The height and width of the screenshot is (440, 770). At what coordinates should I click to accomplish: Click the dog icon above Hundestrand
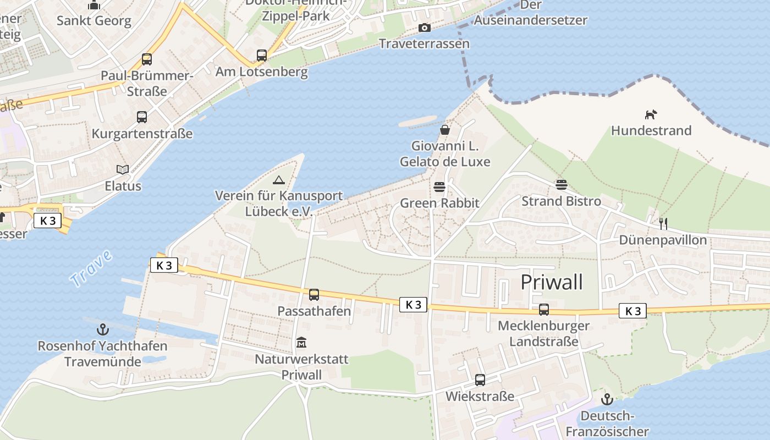point(651,114)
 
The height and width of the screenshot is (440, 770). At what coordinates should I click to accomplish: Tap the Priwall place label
point(551,282)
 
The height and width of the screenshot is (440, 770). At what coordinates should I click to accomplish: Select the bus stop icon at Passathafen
point(313,295)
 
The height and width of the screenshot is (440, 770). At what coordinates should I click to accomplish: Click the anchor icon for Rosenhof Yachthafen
point(102,329)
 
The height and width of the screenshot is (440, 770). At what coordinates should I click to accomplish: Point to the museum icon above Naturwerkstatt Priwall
point(301,343)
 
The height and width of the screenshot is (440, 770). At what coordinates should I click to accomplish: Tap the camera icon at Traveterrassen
point(424,28)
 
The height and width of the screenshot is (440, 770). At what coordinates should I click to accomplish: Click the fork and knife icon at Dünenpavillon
point(663,223)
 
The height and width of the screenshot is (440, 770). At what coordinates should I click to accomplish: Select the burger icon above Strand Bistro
point(561,184)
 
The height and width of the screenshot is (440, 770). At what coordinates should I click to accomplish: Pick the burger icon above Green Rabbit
point(439,187)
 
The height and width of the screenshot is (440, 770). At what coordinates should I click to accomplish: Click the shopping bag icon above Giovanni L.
point(444,130)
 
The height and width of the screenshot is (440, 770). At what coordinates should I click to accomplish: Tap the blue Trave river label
point(91,268)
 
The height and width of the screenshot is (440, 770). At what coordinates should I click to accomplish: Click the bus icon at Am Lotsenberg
point(261,56)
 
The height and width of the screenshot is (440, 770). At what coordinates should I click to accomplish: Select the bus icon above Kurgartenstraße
point(142,117)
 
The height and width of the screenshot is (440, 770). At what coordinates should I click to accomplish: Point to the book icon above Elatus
point(123,169)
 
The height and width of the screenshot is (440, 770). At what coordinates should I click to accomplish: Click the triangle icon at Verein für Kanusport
point(279,180)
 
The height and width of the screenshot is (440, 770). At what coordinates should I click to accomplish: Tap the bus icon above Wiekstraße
point(480,380)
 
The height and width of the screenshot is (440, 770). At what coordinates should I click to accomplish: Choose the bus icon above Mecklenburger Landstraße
point(543,310)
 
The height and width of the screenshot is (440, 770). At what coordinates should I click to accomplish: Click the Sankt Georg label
point(94,21)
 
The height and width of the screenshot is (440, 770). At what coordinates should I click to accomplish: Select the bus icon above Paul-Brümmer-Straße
point(146,59)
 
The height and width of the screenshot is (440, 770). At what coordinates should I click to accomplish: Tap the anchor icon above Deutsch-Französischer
point(607,399)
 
